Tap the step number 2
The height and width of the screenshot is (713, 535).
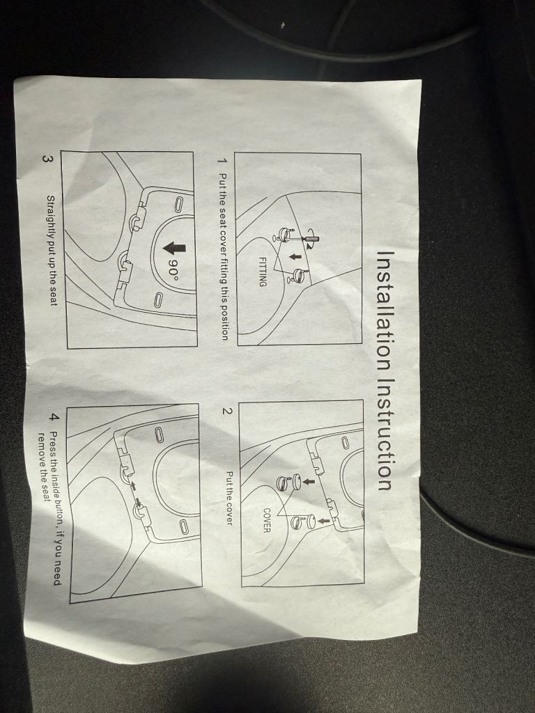point(228,411)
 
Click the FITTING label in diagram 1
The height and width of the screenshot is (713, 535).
point(263,272)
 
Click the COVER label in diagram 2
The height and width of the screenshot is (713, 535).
point(267,520)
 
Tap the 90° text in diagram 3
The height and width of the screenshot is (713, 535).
point(173,267)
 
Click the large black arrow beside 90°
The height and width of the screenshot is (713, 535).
point(174,247)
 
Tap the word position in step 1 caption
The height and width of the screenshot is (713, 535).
point(224,322)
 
